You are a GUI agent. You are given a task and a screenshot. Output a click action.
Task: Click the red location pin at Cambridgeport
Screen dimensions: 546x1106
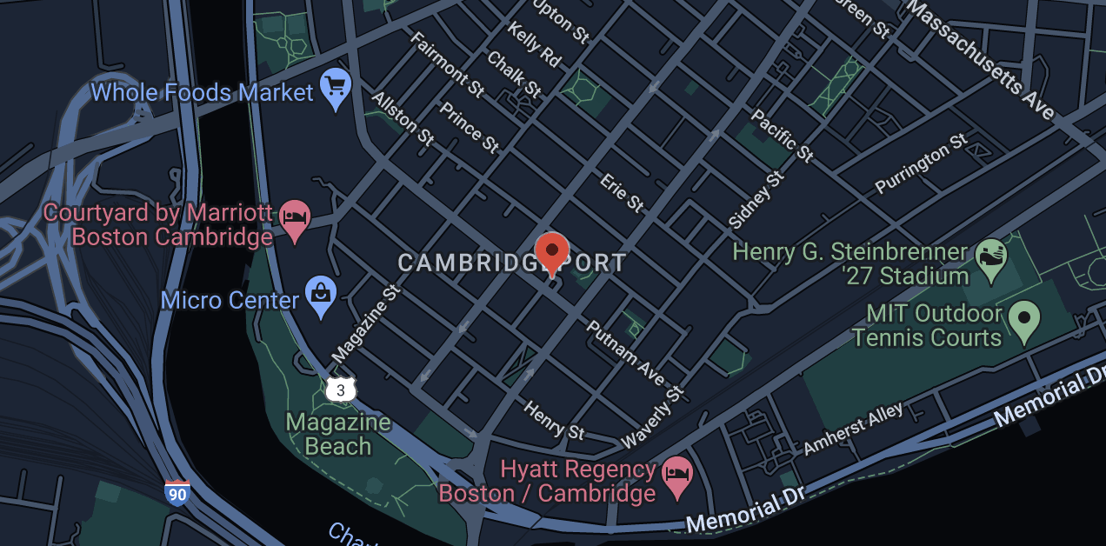pyautogui.click(x=551, y=251)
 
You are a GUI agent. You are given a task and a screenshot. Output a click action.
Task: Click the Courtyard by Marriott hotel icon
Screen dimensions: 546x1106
pyautogui.click(x=296, y=219)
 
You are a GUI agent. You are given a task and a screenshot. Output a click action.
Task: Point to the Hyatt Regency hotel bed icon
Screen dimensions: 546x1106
pyautogui.click(x=676, y=477)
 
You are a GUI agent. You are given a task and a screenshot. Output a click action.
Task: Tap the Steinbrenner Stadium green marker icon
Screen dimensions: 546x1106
pyautogui.click(x=990, y=258)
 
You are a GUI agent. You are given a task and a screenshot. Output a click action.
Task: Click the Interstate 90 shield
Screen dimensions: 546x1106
pyautogui.click(x=177, y=493)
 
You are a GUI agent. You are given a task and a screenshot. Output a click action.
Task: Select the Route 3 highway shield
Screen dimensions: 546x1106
pyautogui.click(x=340, y=390)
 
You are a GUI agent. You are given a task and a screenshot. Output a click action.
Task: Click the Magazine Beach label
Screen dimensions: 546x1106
pyautogui.click(x=338, y=435)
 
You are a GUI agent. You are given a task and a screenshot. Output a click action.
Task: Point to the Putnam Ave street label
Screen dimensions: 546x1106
pyautogui.click(x=625, y=353)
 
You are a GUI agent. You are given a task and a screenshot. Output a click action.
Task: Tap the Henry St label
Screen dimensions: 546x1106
pyautogui.click(x=555, y=420)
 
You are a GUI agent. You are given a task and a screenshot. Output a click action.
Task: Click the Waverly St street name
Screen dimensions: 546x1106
pyautogui.click(x=653, y=416)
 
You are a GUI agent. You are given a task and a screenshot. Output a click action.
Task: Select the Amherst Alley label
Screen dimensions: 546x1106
pyautogui.click(x=853, y=429)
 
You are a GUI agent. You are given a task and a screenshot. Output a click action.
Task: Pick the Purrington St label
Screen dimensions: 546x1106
pyautogui.click(x=921, y=163)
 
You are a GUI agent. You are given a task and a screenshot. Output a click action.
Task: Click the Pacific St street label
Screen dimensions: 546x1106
pyautogui.click(x=783, y=136)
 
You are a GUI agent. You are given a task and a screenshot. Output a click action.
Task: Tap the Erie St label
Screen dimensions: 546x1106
pyautogui.click(x=622, y=192)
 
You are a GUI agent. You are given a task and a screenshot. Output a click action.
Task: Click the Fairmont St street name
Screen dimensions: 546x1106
pyautogui.click(x=446, y=64)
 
